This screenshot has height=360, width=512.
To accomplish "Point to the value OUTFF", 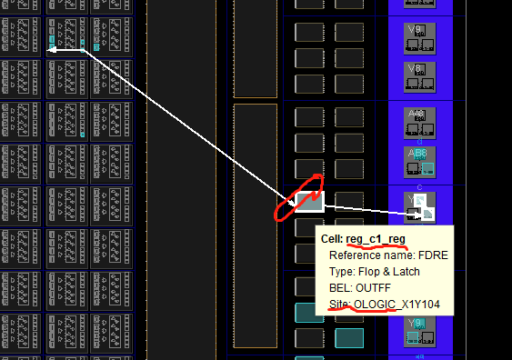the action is coord(375,286).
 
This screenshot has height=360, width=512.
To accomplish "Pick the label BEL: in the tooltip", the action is coord(343,286).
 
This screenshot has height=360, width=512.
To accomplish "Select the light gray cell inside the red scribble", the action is coord(309,201).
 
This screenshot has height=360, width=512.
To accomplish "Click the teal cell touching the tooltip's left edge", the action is coord(308,314).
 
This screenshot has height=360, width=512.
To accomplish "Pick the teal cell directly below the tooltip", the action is coord(349,338).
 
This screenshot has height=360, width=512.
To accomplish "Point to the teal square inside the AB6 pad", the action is coord(427,169).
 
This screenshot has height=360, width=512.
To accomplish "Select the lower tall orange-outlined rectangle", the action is coord(255,225).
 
